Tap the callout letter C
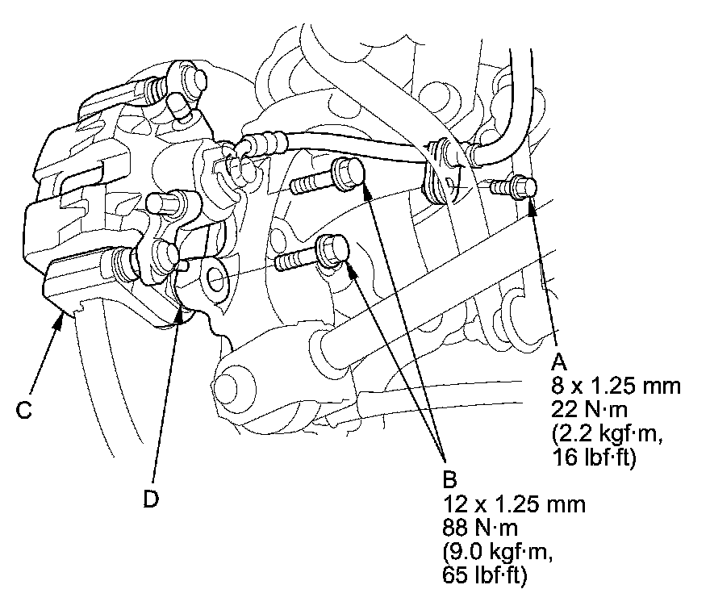23,410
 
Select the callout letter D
151,499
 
